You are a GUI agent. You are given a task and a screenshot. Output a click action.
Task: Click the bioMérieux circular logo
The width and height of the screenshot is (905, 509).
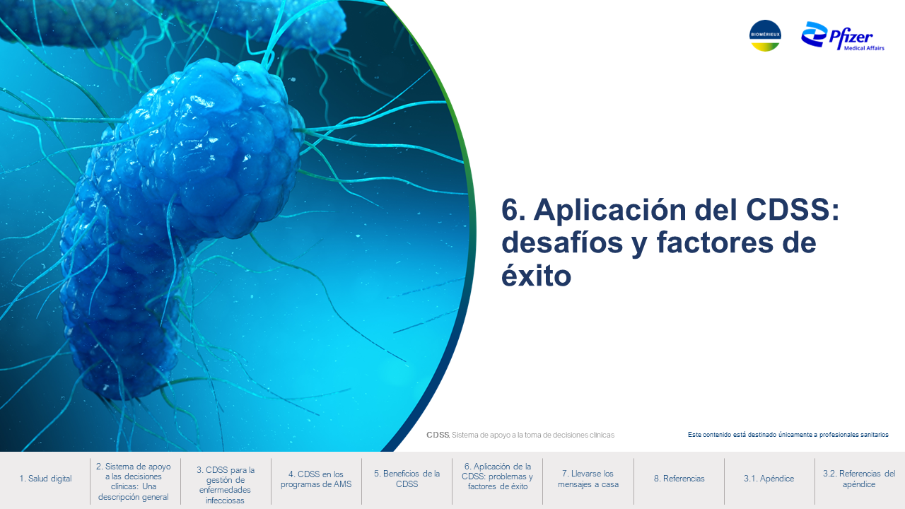pos(765,35)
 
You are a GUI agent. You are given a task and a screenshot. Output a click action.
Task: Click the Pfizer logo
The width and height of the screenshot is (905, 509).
pos(843,36)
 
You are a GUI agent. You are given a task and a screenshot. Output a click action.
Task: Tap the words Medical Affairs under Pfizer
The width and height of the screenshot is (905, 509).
pos(864,48)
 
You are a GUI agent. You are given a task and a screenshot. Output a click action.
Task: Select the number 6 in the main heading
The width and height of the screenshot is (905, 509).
pos(513,210)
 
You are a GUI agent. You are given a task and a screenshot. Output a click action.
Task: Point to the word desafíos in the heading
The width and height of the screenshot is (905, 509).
pos(562,242)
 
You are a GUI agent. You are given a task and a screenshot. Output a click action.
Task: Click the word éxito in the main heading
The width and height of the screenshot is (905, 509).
pos(537,276)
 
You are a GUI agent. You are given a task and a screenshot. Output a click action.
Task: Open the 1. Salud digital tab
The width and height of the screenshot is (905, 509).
pos(45,479)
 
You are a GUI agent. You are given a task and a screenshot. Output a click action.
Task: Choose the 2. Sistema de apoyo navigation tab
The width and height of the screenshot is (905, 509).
pos(134,481)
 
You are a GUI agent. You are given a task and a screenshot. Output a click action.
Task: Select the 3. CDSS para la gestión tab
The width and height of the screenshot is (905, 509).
pos(226,485)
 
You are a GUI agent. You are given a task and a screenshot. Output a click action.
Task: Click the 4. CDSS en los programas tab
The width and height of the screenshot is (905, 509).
pos(316,479)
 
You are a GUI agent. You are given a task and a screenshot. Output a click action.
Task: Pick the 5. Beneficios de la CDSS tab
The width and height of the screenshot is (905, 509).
pos(407,479)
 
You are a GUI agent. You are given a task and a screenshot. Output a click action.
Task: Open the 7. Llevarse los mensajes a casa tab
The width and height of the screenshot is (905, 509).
pos(588,479)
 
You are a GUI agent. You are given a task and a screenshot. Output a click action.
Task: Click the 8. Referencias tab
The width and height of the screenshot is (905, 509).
pos(679,479)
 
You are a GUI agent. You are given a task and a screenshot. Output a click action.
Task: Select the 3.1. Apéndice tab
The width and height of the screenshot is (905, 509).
pos(769,479)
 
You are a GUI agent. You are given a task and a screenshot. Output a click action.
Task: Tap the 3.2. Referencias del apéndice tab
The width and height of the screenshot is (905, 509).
pos(859,479)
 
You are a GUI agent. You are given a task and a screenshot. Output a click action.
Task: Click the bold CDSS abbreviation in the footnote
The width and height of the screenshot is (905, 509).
pos(438,435)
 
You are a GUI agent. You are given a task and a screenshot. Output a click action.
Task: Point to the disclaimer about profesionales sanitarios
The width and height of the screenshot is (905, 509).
pos(788,435)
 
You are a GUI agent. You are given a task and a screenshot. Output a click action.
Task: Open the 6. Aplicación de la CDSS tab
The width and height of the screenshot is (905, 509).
pos(497,476)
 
